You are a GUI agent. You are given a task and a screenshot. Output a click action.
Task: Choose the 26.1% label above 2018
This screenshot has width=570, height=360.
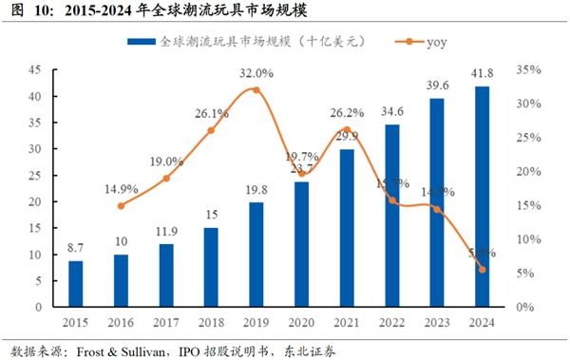(211, 113)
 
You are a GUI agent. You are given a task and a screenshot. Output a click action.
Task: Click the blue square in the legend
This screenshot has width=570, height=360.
(135, 43)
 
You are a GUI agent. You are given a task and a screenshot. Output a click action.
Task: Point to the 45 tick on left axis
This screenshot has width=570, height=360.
(33, 70)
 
